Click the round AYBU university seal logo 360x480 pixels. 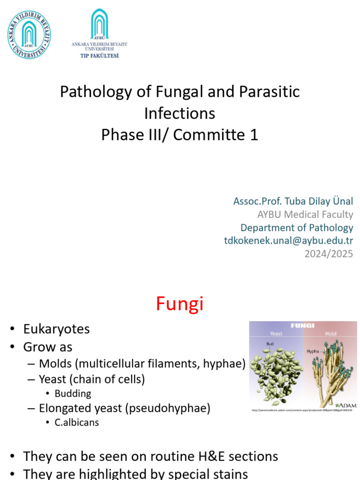(29, 35)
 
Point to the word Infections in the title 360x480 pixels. (180, 113)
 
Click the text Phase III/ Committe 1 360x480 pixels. (180, 135)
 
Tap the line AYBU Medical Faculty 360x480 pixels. (305, 214)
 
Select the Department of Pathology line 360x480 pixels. (297, 228)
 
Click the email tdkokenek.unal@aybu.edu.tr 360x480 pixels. (288, 241)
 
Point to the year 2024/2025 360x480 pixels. (329, 254)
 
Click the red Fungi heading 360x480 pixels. (180, 304)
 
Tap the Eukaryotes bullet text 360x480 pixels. (56, 329)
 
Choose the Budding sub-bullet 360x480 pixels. (73, 393)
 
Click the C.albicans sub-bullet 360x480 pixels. (76, 422)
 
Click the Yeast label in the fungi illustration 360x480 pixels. (276, 334)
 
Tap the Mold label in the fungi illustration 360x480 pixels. (330, 334)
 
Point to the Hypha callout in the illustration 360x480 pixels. (314, 351)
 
